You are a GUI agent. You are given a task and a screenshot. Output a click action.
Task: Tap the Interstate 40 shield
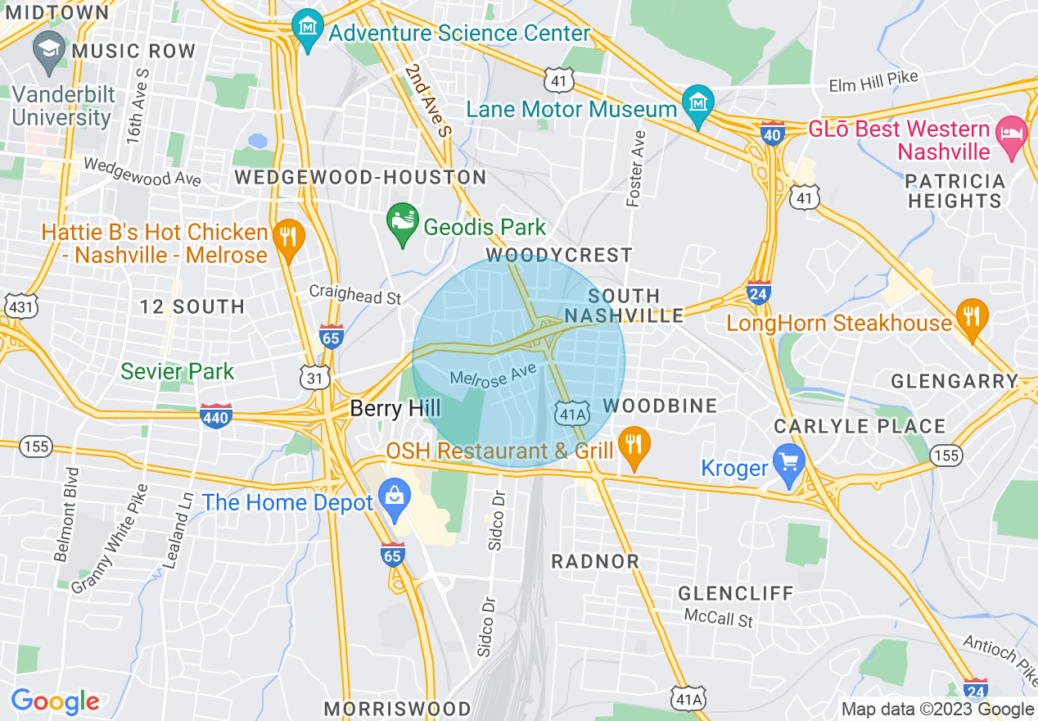[x=773, y=133]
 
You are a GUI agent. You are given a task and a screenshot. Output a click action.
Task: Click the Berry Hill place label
[x=395, y=408]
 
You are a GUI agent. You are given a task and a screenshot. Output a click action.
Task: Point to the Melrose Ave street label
[x=493, y=374]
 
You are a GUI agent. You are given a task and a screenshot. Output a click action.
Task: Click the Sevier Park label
[x=177, y=371]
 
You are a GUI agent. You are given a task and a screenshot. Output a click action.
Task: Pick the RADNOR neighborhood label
[x=595, y=561]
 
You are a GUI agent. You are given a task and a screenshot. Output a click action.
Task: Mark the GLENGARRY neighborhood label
[x=954, y=381]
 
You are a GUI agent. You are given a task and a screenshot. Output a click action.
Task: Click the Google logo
[x=55, y=701]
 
